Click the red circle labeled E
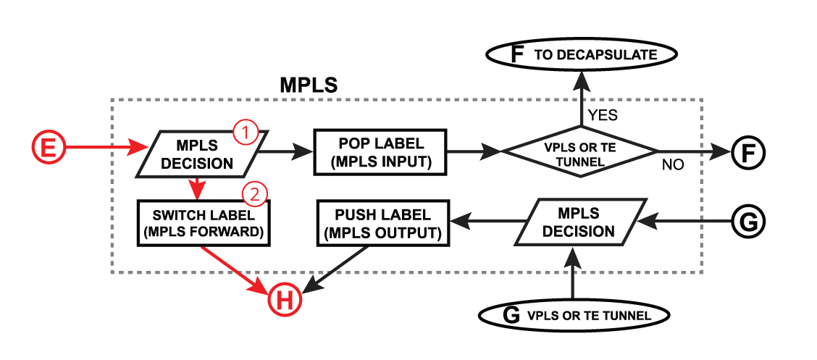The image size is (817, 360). [x=48, y=149]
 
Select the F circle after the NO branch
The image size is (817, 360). [x=747, y=153]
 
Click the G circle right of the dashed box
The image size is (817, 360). [x=747, y=222]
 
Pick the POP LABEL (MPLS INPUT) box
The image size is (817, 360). [x=380, y=152]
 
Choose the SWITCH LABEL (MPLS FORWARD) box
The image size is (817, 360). [x=203, y=224]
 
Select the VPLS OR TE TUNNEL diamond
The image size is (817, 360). [x=579, y=152]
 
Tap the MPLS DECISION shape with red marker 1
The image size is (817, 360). [x=198, y=153]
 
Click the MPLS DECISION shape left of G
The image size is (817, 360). [x=578, y=222]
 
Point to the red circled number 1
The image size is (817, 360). [x=245, y=132]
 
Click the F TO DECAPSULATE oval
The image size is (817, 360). [x=582, y=54]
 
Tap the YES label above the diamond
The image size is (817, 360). [x=603, y=114]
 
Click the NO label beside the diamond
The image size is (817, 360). [x=673, y=165]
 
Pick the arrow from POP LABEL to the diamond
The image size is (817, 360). [x=474, y=152]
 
